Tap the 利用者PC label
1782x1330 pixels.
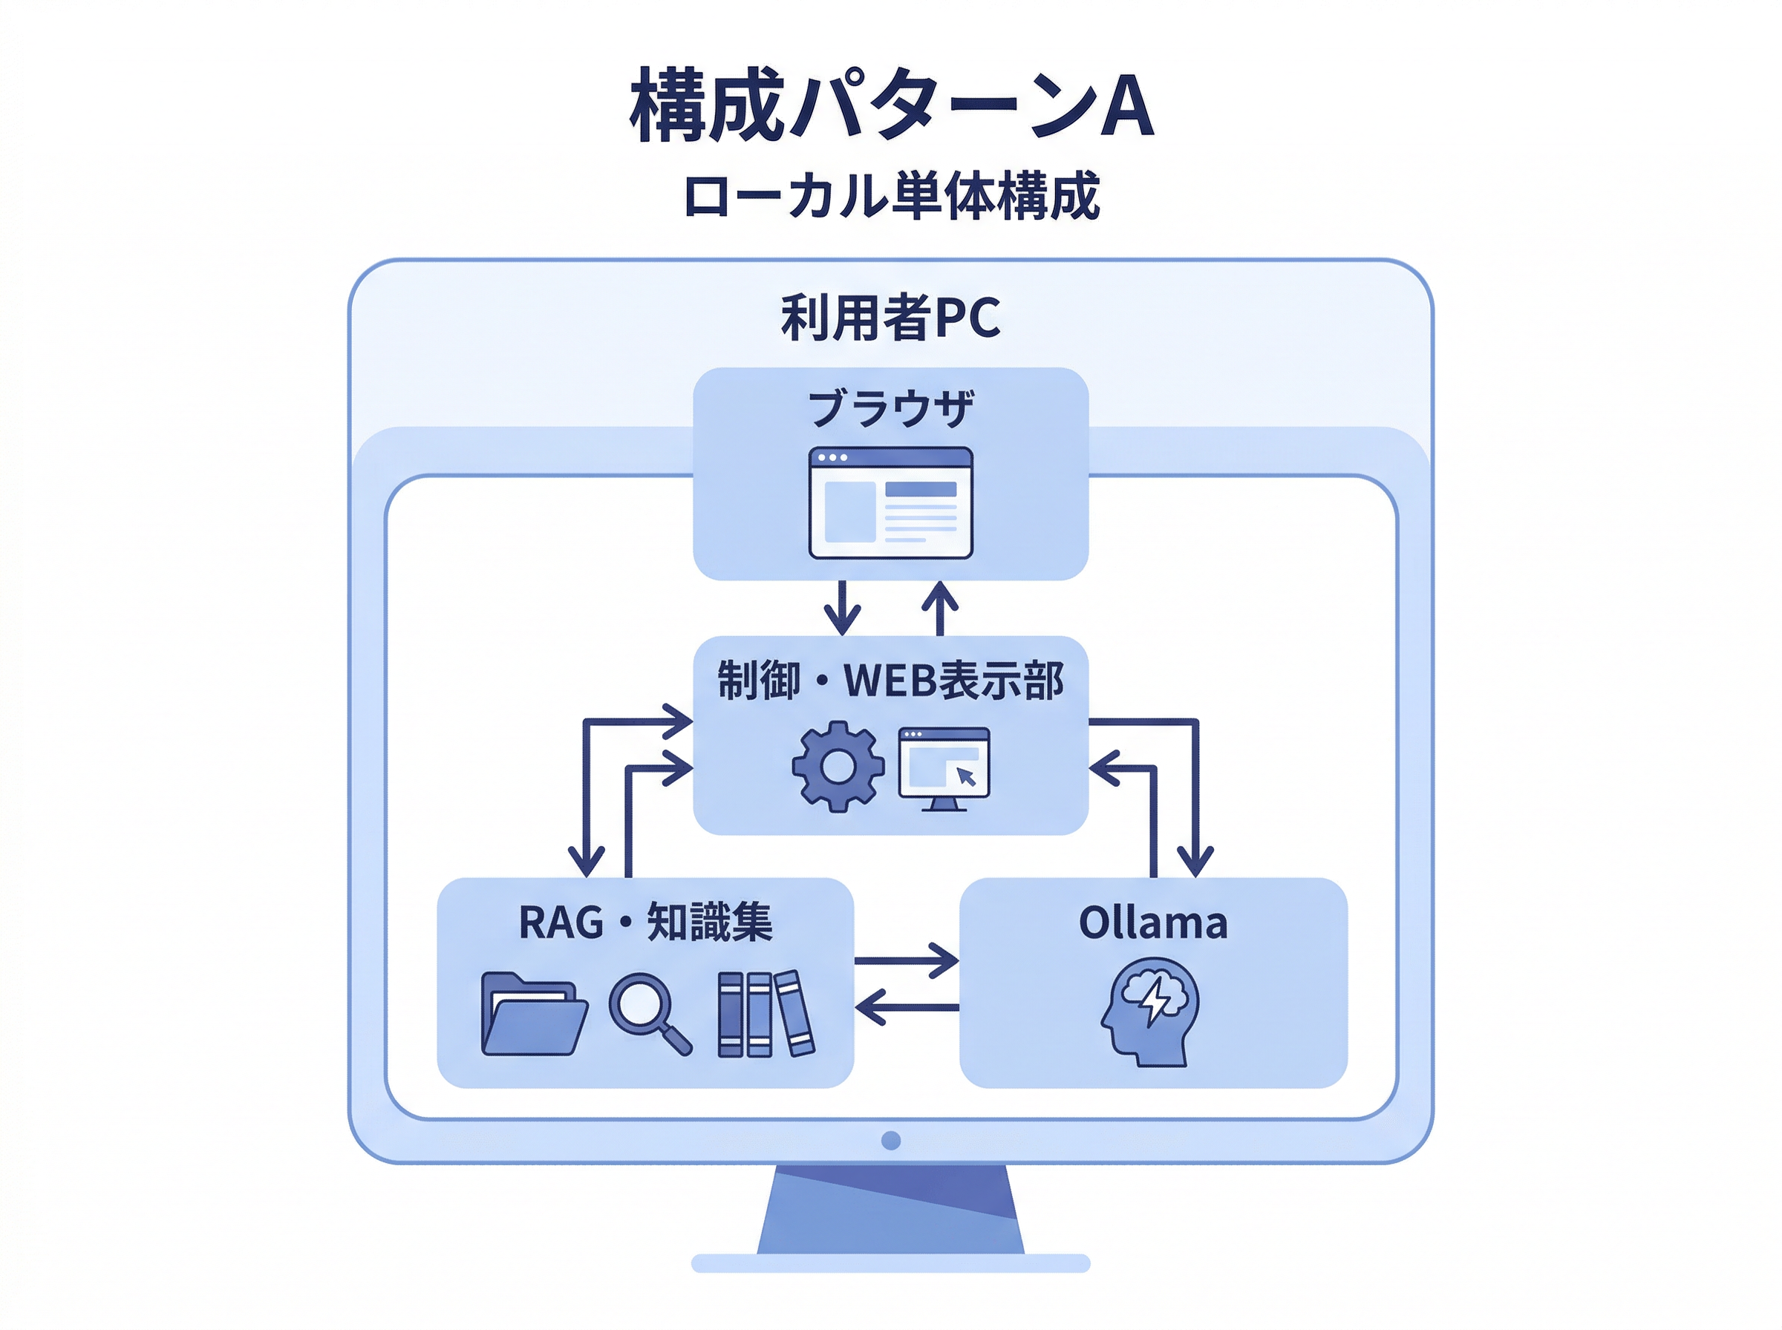(x=890, y=317)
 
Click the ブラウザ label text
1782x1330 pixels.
(x=890, y=407)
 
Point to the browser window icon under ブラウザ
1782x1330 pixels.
(x=890, y=502)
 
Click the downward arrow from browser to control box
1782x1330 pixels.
(x=842, y=609)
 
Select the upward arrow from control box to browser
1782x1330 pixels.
(x=940, y=609)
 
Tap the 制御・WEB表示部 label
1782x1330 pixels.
(x=890, y=681)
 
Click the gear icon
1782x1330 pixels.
(x=838, y=766)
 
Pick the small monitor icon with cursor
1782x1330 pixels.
(x=944, y=768)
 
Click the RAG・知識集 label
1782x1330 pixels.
(x=645, y=923)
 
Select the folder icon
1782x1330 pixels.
(x=533, y=1015)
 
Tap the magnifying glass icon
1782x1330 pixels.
(x=649, y=1013)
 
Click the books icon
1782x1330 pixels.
(x=765, y=1014)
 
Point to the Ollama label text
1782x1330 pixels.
(x=1153, y=923)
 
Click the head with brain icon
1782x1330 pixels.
(x=1151, y=1011)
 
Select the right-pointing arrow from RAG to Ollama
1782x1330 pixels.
(x=907, y=960)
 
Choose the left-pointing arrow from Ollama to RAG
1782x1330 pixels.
(x=907, y=1007)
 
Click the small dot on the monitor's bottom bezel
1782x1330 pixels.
(x=890, y=1140)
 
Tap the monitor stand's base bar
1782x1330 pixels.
(x=890, y=1262)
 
